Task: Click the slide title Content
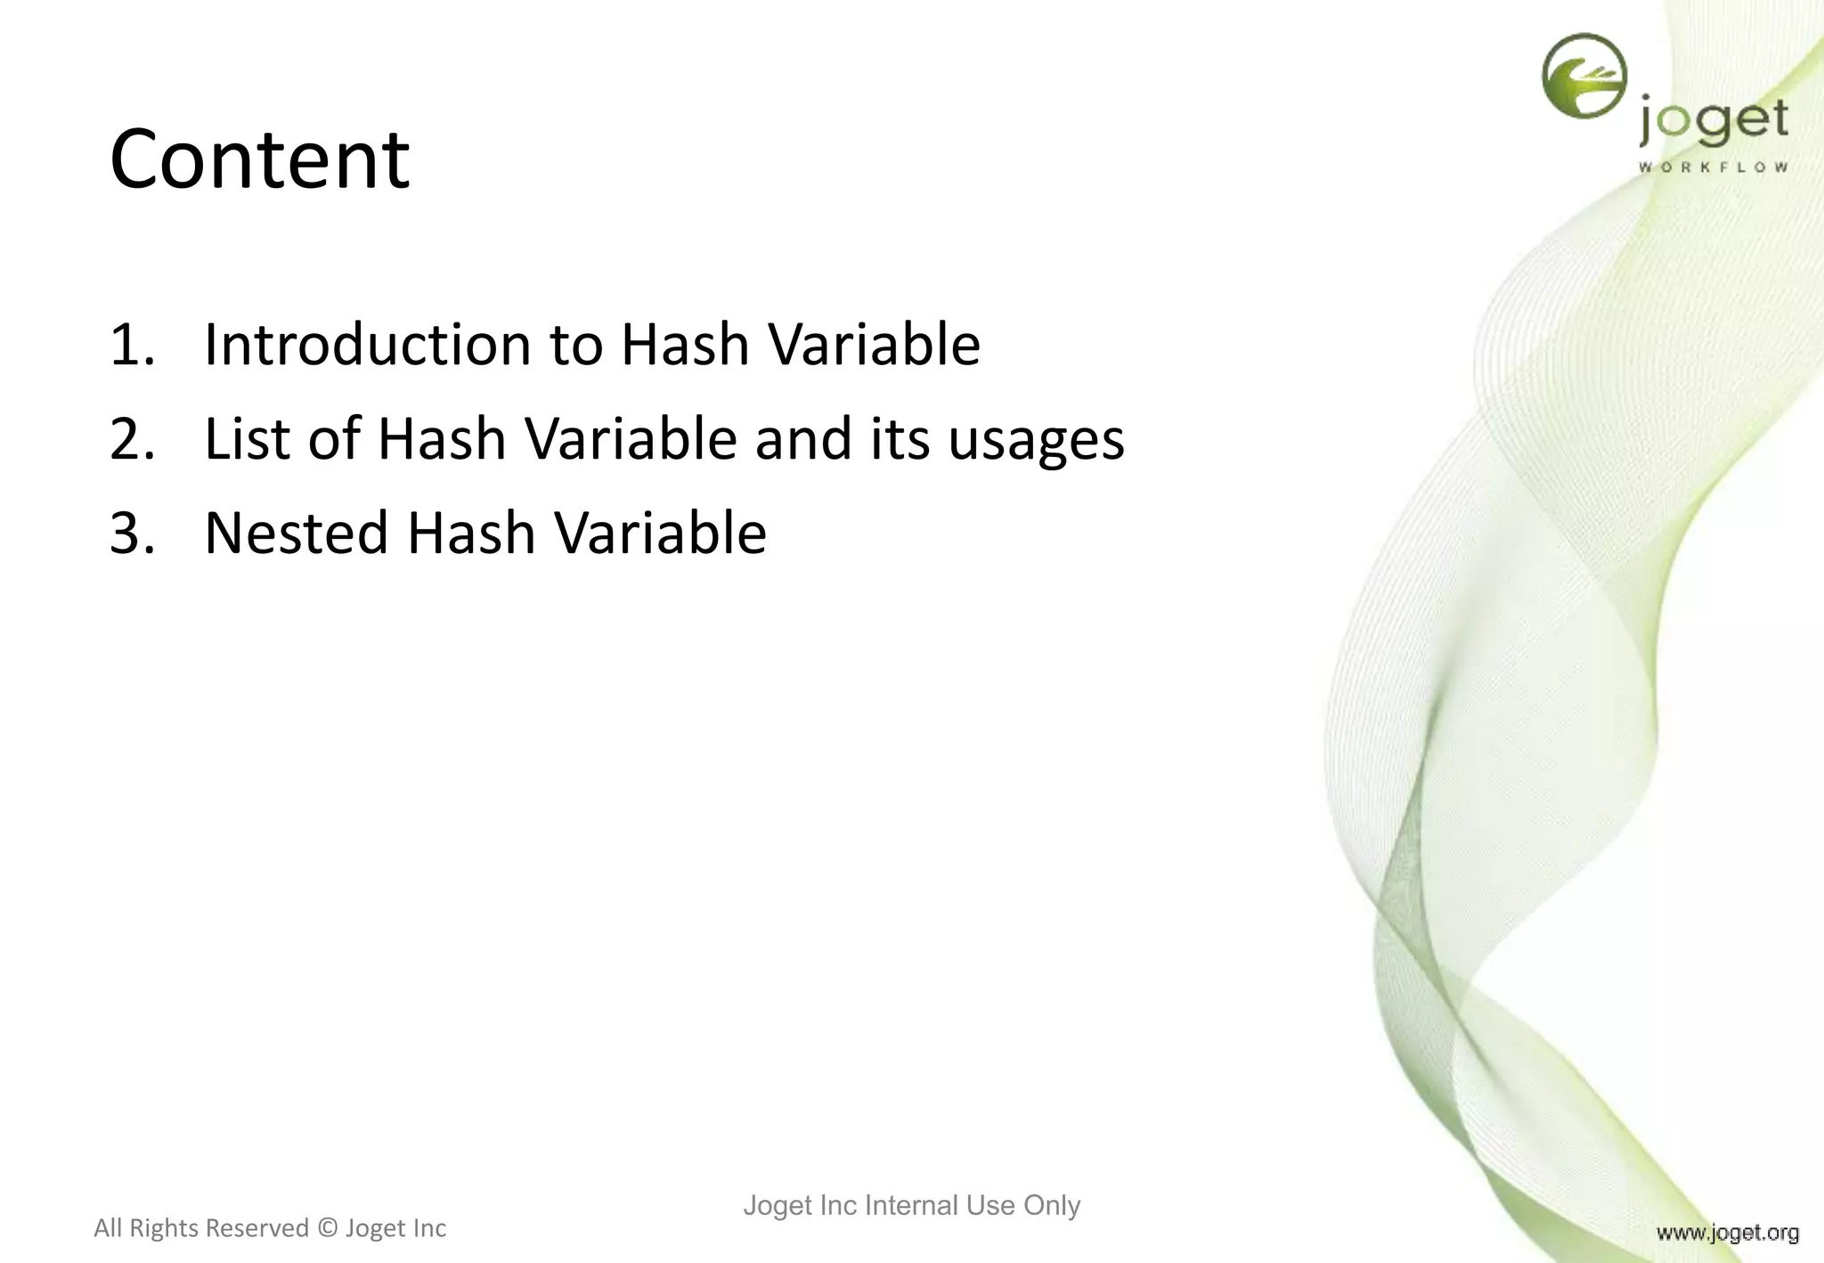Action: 259,159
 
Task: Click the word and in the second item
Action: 803,439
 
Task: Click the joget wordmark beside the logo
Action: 1713,123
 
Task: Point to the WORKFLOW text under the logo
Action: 1713,167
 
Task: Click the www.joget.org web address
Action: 1727,1233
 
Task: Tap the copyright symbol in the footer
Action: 328,1228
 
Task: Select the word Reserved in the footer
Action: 261,1228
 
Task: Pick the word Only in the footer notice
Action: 1052,1205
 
